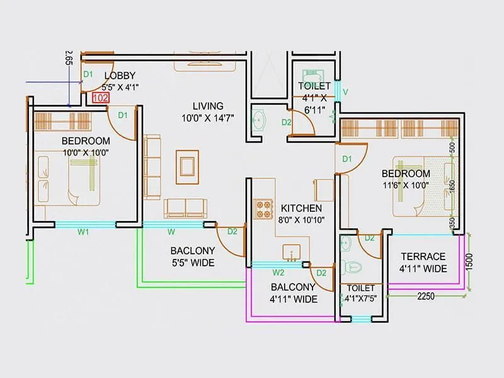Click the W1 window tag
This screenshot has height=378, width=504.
pos(83,231)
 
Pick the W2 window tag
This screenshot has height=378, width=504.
pos(278,273)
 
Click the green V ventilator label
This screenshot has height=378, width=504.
pos(345,92)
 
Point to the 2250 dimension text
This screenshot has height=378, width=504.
pos(427,296)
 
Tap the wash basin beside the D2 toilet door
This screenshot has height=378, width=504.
pos(259,120)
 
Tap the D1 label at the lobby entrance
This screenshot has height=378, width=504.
pos(88,74)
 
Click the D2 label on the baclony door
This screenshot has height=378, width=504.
pos(232,231)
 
